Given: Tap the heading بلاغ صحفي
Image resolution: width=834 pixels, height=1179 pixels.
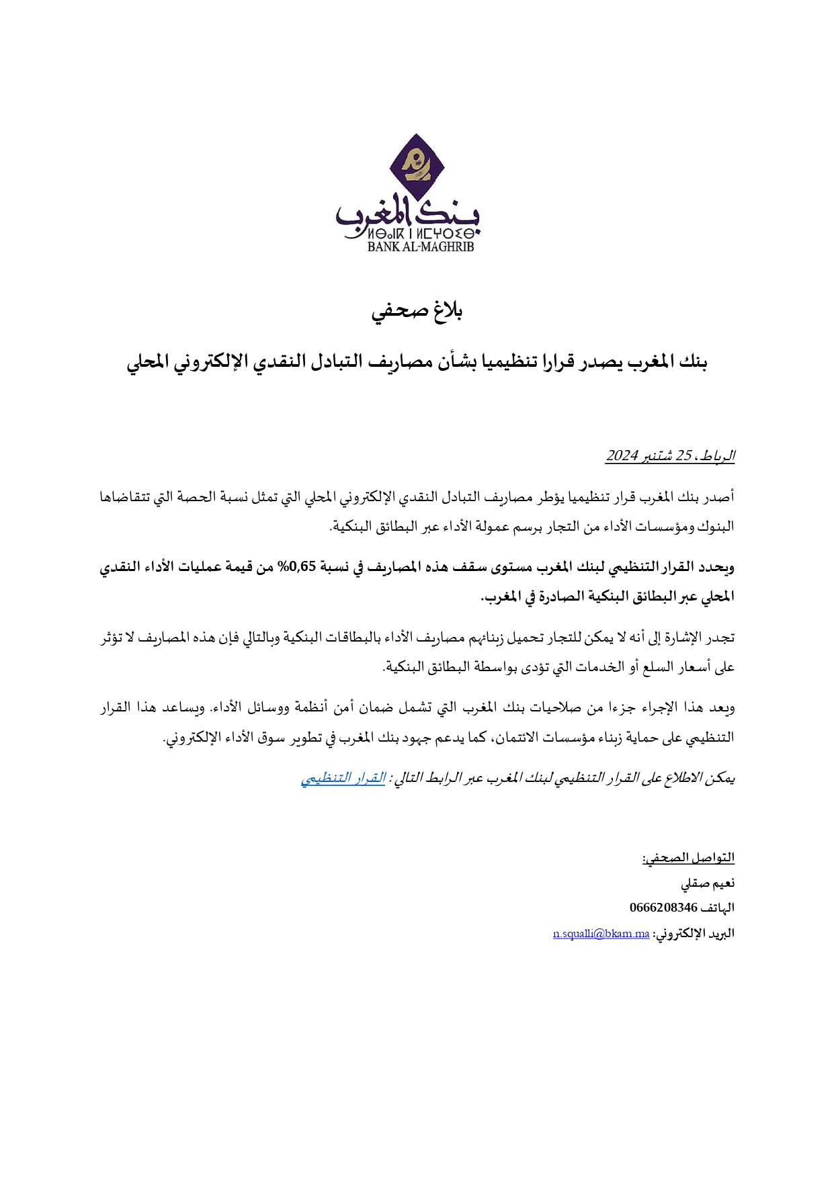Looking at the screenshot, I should coord(418,312).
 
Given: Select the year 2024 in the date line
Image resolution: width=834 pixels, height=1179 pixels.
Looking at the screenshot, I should coord(621,456).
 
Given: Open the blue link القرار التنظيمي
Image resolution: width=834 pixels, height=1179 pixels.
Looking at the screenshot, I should coord(343,779).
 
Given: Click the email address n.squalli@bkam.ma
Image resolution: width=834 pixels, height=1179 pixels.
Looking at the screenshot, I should coord(601,934).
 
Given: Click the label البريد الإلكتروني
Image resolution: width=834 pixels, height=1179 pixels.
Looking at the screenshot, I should coord(694,934).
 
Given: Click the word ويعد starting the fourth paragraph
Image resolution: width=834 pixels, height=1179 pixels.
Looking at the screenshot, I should coord(722,708).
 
